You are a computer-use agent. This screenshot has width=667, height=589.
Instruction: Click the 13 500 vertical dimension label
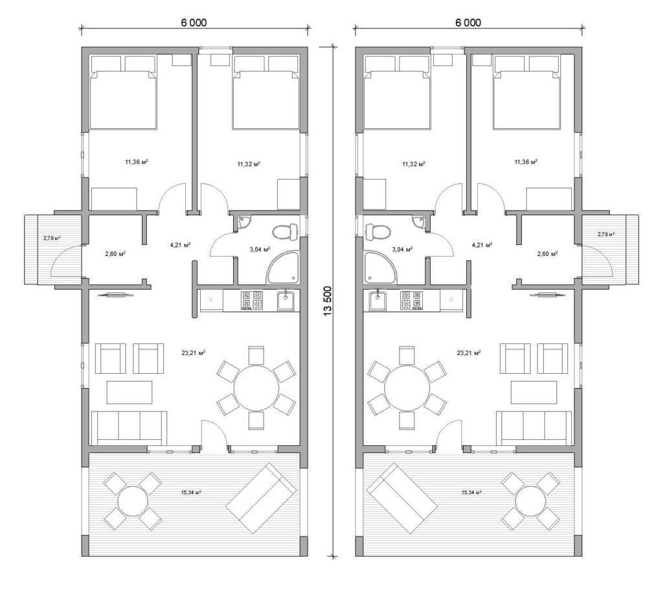click(327, 301)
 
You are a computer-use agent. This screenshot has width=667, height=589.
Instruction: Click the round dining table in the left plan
click(256, 387)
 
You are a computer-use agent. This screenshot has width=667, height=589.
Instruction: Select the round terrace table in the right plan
click(530, 500)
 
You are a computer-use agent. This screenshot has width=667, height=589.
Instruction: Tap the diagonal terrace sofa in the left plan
click(261, 498)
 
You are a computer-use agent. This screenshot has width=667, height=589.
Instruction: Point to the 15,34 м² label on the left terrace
click(191, 492)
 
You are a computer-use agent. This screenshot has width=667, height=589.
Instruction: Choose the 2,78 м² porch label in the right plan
click(605, 234)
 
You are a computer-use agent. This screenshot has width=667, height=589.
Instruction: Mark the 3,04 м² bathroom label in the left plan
click(260, 249)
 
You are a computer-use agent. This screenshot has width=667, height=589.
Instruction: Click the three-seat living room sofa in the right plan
click(536, 428)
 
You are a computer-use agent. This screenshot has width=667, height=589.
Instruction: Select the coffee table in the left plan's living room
click(130, 393)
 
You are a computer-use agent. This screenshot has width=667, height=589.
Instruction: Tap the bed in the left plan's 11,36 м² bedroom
click(123, 92)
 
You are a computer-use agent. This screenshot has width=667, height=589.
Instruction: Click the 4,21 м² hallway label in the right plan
click(482, 245)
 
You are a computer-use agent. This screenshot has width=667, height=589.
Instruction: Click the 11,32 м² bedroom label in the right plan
click(413, 164)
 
